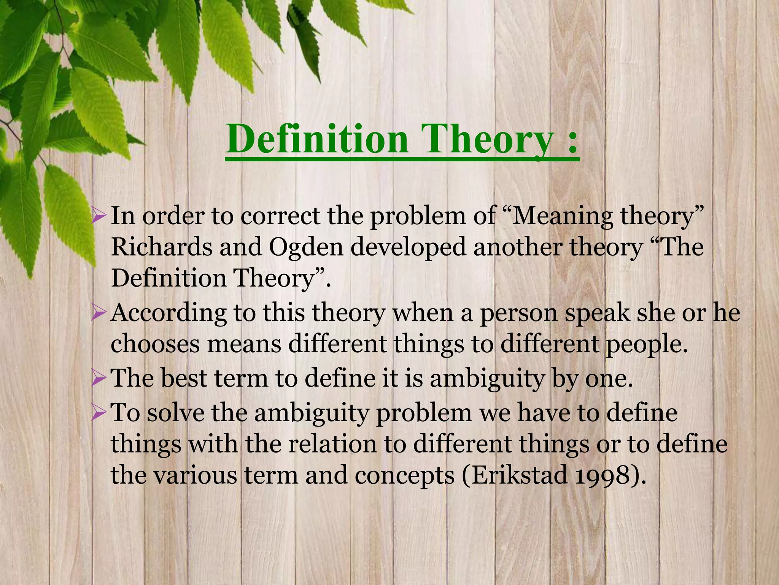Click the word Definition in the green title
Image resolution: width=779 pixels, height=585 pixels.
coord(317,139)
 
